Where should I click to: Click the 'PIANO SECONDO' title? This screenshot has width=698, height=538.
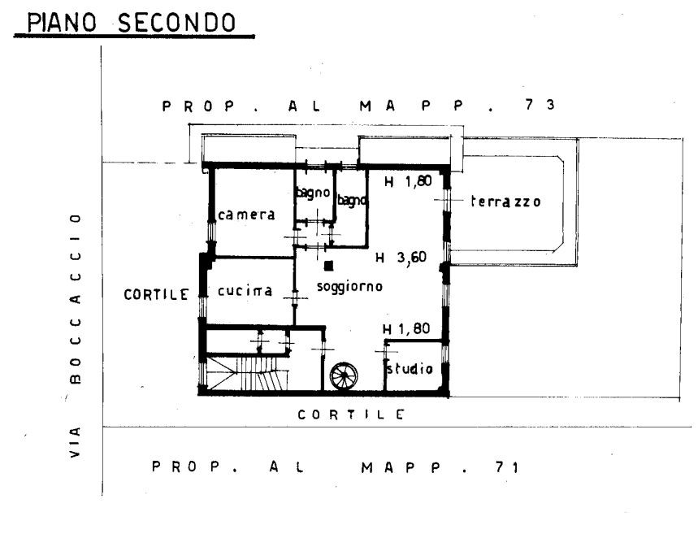132,22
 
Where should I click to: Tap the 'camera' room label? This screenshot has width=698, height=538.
246,215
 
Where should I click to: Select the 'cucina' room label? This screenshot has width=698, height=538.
245,291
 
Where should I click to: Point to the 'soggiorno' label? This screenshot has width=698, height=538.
349,286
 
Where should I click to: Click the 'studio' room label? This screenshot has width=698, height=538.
410,368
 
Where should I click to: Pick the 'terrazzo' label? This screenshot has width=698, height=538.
505,202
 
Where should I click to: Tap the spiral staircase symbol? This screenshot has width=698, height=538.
344,376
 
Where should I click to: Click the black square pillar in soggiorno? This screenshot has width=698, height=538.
328,266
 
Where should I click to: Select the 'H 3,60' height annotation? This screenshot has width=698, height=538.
401,258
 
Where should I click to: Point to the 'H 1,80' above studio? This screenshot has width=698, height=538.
406,329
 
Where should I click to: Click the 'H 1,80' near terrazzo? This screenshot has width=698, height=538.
408,181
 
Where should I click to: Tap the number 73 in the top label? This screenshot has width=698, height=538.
540,105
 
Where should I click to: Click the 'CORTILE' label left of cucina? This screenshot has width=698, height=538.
156,294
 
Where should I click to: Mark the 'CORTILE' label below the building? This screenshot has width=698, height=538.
351,415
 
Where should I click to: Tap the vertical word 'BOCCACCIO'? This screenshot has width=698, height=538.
76,298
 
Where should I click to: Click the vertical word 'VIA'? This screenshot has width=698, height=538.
76,442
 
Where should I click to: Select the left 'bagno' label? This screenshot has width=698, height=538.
314,193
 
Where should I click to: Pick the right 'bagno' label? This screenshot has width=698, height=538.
352,201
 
